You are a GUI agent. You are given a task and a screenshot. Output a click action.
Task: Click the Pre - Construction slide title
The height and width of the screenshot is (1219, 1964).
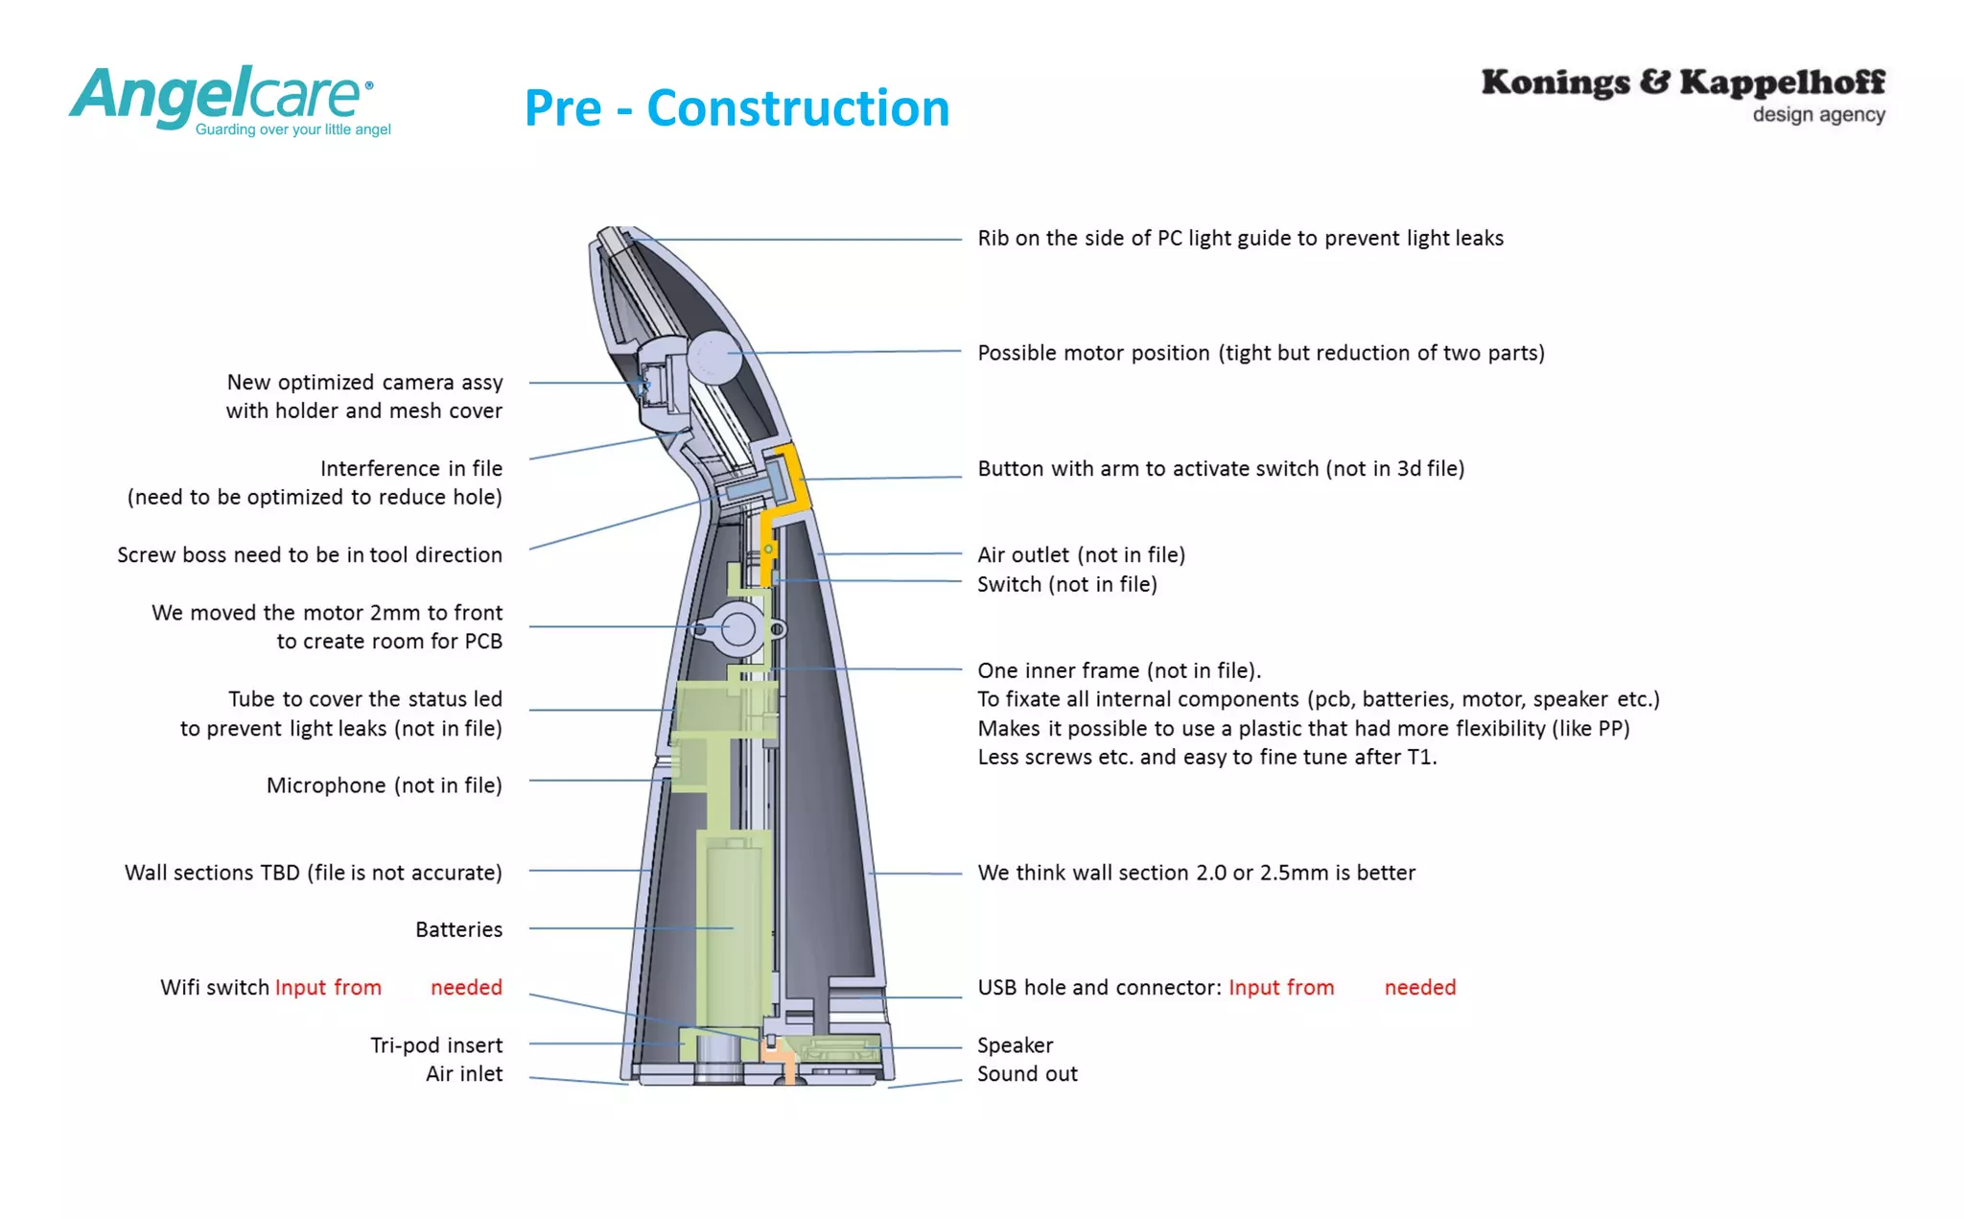(736, 107)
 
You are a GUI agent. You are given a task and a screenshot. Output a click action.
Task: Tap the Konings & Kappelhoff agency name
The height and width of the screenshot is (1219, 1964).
(1682, 82)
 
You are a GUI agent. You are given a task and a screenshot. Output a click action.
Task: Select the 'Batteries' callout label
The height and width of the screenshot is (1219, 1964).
(458, 929)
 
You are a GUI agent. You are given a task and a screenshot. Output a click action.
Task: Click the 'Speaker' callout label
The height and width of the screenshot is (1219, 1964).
(1015, 1045)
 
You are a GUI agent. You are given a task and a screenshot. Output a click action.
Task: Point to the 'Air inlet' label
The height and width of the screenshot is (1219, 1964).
(464, 1074)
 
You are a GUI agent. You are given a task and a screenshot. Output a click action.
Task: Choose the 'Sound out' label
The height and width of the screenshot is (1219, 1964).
(1027, 1074)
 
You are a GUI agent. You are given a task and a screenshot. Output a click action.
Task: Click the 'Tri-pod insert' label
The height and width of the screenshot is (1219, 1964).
(436, 1045)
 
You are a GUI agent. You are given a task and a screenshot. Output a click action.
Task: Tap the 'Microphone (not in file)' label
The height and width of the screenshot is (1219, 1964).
(384, 785)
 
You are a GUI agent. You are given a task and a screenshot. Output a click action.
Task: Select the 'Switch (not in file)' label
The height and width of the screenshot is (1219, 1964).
(1066, 584)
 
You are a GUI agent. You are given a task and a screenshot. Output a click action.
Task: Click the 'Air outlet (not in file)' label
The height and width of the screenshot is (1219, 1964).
(1081, 554)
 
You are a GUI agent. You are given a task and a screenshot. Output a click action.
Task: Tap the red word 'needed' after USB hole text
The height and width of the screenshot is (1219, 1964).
(1419, 987)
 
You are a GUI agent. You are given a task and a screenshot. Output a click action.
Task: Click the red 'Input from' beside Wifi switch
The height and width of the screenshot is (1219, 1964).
(328, 987)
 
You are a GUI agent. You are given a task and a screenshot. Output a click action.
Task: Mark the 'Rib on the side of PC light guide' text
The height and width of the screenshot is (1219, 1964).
(1240, 238)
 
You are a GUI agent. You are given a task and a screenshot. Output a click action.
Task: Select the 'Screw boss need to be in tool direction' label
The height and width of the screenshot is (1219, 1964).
(309, 554)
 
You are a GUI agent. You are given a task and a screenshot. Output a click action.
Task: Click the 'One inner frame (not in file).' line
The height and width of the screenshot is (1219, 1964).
(1118, 670)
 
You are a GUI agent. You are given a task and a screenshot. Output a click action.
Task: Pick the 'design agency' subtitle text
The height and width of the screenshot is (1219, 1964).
(1818, 115)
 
